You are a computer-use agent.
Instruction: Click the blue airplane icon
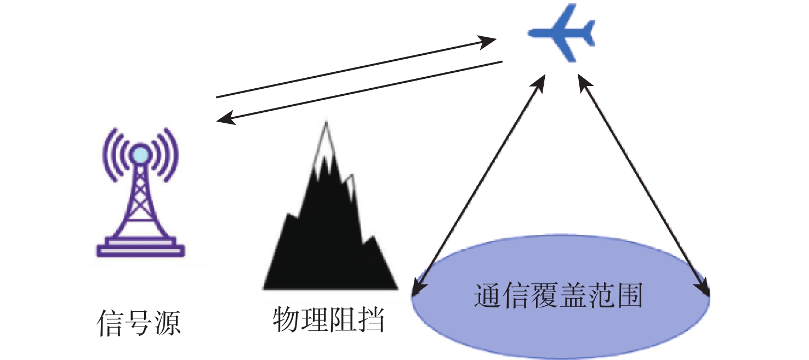(561, 32)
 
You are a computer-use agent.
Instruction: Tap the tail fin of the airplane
(588, 32)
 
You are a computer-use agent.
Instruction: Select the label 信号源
(139, 322)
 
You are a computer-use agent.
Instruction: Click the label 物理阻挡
(328, 319)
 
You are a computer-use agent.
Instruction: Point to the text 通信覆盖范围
(559, 296)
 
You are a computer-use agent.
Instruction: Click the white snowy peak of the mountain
(326, 141)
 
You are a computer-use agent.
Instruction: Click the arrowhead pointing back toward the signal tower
(226, 118)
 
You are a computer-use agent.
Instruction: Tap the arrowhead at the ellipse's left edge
(419, 288)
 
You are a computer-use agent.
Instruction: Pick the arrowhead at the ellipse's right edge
(703, 288)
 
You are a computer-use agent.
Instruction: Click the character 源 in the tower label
(168, 322)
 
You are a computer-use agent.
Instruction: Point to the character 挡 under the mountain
(371, 319)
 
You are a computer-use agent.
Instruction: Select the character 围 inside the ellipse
(630, 296)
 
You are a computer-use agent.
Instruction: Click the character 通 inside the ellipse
(487, 296)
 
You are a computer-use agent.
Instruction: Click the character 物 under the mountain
(286, 319)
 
